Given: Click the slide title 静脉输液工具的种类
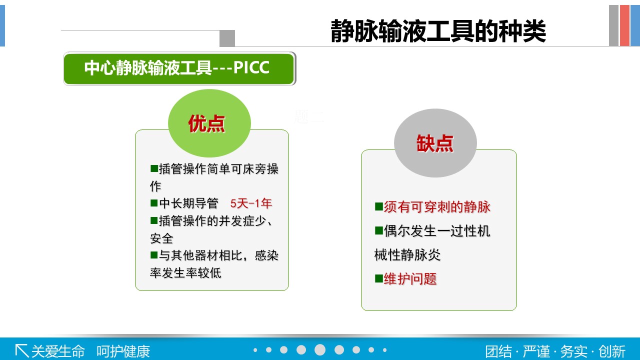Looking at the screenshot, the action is point(438,31).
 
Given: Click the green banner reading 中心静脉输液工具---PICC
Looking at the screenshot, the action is point(179,68).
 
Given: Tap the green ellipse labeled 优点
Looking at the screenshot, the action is point(209,123).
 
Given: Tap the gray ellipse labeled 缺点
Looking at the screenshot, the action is point(435,143).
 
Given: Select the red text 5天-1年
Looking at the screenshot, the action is point(251,203).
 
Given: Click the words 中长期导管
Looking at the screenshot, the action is point(189,203).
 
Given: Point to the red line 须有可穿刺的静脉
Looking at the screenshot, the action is point(437,207).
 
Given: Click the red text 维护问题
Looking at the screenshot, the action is point(410,278).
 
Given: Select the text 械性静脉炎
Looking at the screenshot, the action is point(407,254).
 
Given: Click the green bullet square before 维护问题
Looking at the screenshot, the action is point(379,278).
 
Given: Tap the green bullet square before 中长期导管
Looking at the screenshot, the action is point(154,203).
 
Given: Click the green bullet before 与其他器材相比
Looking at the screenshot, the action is point(154,255).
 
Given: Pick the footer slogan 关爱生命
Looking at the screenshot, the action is point(58,351).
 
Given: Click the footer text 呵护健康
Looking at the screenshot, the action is point(123,351).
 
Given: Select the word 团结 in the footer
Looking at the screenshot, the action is point(498,351).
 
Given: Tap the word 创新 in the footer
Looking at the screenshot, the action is point(612,351).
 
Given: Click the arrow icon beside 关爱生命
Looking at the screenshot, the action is point(21,351).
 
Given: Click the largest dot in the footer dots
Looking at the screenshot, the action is point(320,349).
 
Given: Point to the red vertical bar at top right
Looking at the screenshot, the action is point(625,25).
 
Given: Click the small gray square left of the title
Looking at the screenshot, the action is point(227,38).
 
